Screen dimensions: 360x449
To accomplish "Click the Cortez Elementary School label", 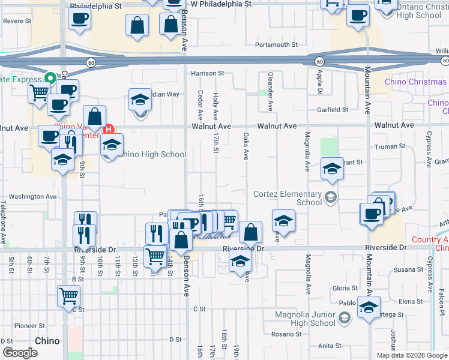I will (288, 198).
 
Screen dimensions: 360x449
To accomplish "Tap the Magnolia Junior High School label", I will (305, 319).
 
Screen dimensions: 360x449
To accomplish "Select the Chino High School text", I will (152, 154).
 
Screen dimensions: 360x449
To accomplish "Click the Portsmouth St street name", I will (276, 45).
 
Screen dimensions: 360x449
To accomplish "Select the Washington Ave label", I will (32, 196).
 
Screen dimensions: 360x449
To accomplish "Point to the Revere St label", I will (17, 20).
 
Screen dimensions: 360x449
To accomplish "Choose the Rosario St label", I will (285, 334).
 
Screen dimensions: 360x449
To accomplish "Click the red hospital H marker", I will (109, 128).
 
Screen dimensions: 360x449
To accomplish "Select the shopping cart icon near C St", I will (68, 295).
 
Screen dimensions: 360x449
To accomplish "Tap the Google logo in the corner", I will (19, 353).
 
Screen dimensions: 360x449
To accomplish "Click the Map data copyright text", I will (412, 355).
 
